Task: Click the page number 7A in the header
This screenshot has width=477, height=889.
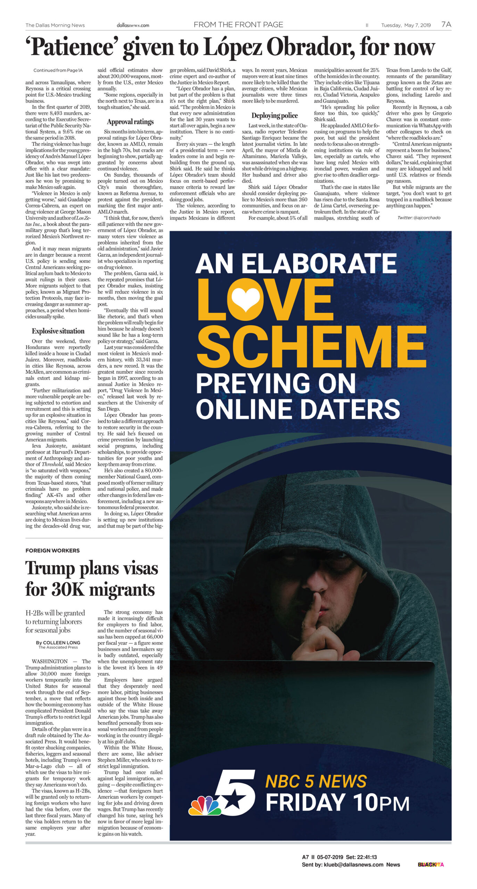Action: coord(446,24)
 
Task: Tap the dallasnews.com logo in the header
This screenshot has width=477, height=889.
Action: coord(133,25)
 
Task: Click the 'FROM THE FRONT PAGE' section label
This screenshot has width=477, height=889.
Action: coord(238,25)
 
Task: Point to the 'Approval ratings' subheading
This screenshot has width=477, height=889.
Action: coord(130,122)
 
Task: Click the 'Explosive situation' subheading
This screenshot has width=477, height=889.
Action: coord(58,331)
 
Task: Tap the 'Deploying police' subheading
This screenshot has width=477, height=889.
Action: coord(274,116)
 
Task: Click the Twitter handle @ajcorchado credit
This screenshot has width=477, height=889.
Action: coord(419,218)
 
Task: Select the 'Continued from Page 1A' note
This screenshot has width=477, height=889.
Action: coord(58,70)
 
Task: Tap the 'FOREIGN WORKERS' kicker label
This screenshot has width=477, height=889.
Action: coord(52,550)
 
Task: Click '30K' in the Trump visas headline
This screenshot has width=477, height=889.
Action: coord(68,589)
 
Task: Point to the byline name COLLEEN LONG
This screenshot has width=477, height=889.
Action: coord(61,642)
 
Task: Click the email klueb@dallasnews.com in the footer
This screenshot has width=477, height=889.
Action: coord(353,864)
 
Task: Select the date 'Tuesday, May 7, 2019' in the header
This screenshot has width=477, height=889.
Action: coord(406,25)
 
